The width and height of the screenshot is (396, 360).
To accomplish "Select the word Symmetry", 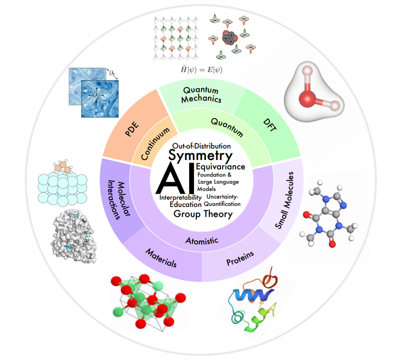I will point(201,156).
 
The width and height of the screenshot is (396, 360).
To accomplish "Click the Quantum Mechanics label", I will point(201,94).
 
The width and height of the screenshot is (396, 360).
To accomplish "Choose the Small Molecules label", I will point(285,200).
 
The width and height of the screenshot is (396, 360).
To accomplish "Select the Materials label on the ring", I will point(161,258).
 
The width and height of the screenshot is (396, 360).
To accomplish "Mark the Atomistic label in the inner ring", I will point(202,240).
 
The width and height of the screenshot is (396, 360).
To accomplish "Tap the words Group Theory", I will point(203,214).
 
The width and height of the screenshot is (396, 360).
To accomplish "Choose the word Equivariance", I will point(220,167).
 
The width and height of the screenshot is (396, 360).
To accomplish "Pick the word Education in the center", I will point(186,204).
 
